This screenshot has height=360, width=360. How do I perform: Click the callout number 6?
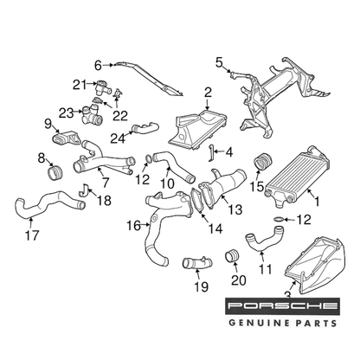coord(99,66)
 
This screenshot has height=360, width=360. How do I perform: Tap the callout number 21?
coord(80,85)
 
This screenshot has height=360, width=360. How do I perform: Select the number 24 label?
coord(118,138)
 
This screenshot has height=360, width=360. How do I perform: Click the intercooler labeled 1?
coord(297,177)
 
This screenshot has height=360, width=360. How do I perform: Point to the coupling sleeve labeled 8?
coord(55,172)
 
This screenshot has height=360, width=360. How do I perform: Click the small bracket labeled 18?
coord(84,190)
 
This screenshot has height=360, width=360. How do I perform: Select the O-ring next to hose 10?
coord(148,158)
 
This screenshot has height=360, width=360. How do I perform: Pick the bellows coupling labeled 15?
coord(262,162)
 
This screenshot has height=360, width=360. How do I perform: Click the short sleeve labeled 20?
coord(232,256)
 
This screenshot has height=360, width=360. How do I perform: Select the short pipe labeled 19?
coord(197,263)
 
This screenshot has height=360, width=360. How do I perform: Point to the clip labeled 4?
coord(211,153)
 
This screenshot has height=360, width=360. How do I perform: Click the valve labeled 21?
coord(102,87)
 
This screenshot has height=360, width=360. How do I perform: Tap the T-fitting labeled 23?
coord(91,115)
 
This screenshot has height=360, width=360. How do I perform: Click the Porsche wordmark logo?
coord(282,306)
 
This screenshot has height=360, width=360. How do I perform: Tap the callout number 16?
coord(134,226)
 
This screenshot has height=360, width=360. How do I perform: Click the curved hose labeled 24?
coord(145,128)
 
